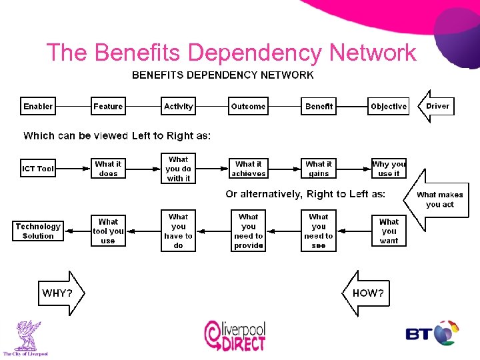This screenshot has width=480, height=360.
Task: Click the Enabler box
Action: [x=38, y=107]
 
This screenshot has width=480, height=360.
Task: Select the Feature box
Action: [x=108, y=107]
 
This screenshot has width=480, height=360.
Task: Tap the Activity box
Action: [x=178, y=107]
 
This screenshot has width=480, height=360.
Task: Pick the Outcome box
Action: [x=248, y=107]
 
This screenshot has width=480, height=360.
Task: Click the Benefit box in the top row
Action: [x=319, y=107]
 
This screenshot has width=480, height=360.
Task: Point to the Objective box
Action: [x=388, y=107]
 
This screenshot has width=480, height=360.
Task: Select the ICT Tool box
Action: [x=38, y=169]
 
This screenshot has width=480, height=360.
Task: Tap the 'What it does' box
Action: [x=108, y=169]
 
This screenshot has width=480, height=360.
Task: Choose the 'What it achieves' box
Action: [x=248, y=169]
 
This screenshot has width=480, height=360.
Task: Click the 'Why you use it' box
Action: [x=389, y=169]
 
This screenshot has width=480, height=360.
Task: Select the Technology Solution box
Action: [x=38, y=231]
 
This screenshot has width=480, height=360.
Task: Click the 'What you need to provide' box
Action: [x=248, y=231]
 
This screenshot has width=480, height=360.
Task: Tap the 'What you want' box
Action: [x=389, y=231]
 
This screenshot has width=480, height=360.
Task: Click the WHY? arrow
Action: [x=60, y=293]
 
